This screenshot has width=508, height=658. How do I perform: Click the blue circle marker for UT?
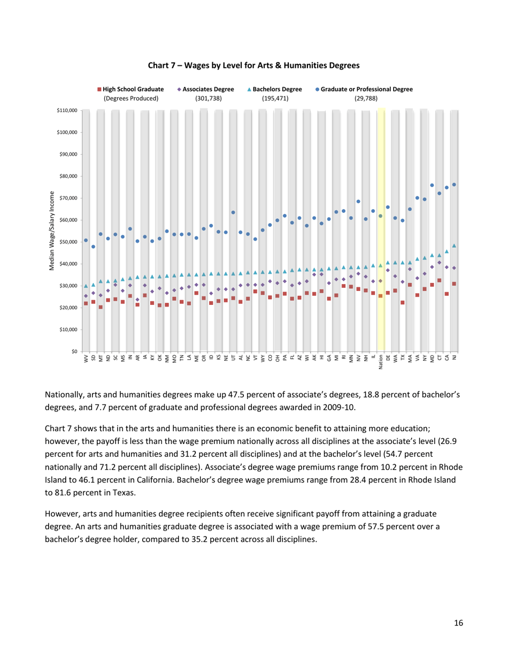coord(234,212)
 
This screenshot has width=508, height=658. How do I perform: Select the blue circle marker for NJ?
coord(454,185)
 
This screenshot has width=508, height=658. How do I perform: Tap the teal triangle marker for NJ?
coord(454,246)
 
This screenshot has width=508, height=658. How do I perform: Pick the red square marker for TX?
coord(403,303)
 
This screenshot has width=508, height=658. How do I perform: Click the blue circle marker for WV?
coord(86,241)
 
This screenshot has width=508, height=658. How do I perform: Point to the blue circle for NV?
coord(358,202)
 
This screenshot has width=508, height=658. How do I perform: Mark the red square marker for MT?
coord(101,307)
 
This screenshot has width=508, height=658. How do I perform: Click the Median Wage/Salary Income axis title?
coord(52,231)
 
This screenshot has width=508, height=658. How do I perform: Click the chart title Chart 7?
coord(253,65)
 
